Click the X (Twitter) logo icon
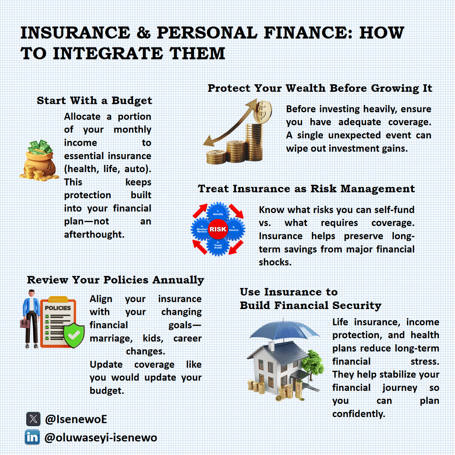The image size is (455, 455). (x=33, y=419)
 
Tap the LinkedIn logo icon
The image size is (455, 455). (x=33, y=437)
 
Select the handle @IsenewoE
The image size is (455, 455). (x=76, y=419)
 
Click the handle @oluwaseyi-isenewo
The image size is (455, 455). (x=100, y=438)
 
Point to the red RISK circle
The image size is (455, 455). (x=218, y=229)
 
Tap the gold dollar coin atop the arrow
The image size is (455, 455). (x=263, y=111)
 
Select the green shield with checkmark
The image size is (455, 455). (x=74, y=335)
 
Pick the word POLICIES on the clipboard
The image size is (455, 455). (x=58, y=308)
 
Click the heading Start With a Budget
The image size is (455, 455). (x=94, y=100)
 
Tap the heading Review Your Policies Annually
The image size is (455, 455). (x=115, y=280)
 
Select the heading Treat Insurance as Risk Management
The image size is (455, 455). (x=306, y=189)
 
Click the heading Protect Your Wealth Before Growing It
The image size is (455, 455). (x=320, y=88)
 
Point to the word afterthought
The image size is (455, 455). (x=94, y=235)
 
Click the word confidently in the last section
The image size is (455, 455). (x=358, y=414)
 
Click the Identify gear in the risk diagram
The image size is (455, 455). (x=218, y=213)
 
